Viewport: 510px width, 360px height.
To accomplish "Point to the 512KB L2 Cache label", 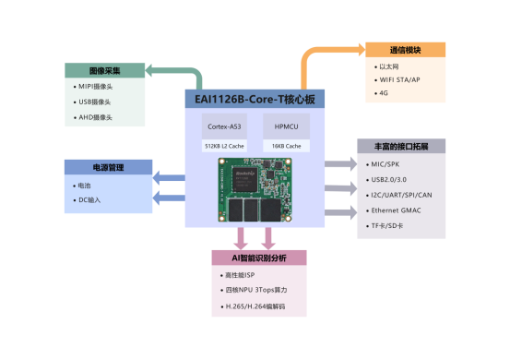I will (x=224, y=146).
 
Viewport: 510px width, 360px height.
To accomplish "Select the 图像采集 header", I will (x=104, y=70).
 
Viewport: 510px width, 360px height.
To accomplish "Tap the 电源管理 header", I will (x=108, y=167).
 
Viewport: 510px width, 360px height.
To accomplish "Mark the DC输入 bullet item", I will (x=91, y=200).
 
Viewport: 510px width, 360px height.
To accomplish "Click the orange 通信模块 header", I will (x=405, y=50).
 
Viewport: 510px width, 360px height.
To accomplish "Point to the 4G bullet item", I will (x=384, y=94).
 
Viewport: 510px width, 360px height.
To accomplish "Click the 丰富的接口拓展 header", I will (x=401, y=146).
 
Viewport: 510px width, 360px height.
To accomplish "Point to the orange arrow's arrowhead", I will (x=356, y=50).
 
